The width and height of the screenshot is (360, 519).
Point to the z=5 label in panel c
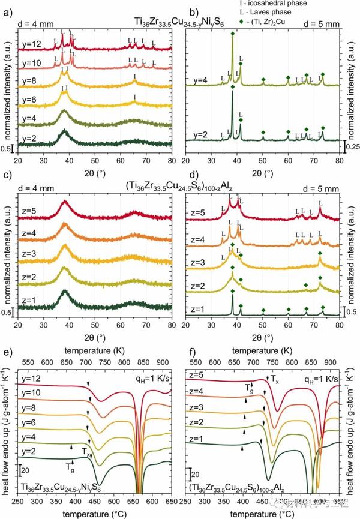pyautogui.click(x=28, y=211)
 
